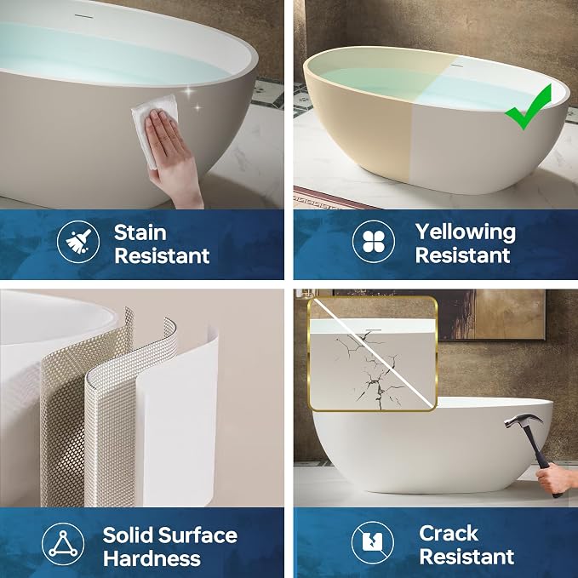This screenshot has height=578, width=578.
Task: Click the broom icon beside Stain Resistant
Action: (x=78, y=242)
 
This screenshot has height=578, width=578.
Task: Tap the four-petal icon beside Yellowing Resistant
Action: (x=374, y=242)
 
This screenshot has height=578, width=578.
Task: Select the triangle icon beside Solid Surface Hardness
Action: (x=63, y=544)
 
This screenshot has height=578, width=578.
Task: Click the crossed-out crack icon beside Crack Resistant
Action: (x=373, y=542)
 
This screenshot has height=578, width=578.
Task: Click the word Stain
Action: (x=140, y=233)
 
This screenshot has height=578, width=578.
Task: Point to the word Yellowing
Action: (x=466, y=232)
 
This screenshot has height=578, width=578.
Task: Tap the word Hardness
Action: (x=152, y=558)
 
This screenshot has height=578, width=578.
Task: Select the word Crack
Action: (x=449, y=533)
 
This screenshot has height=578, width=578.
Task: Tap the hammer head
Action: (x=523, y=420)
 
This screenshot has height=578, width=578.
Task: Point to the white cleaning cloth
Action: (x=154, y=125)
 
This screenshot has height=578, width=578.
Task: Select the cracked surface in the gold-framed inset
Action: (x=372, y=369)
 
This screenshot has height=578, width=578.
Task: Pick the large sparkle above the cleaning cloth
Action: (x=190, y=93)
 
